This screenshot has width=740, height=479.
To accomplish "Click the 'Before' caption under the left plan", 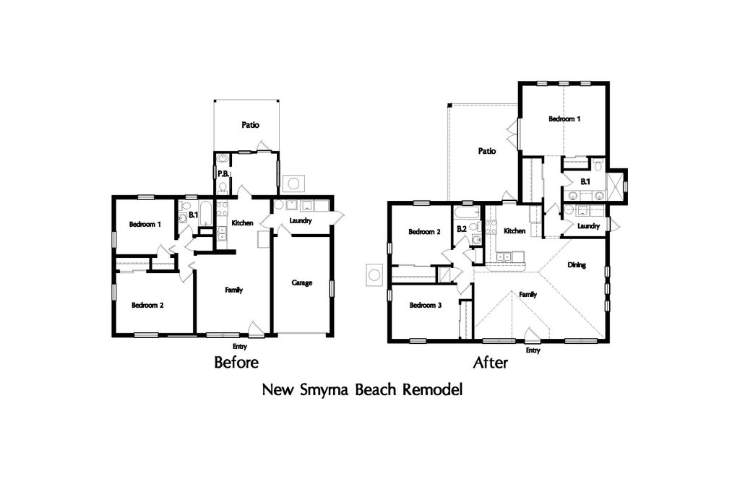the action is click(236, 363).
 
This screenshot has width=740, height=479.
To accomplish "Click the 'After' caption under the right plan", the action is click(491, 363).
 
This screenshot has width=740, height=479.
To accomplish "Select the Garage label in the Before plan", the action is click(301, 282).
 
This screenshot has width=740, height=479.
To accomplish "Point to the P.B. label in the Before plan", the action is click(223, 174).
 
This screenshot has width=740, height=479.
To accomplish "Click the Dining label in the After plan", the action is click(577, 265).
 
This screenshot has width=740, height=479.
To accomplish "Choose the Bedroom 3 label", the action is click(426, 306).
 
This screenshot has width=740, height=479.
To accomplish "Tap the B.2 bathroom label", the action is click(462, 229).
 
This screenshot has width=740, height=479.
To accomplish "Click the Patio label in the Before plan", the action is click(250, 125).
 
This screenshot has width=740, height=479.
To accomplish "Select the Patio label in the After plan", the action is click(487, 151).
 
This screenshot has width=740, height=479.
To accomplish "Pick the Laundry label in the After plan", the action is click(588, 226).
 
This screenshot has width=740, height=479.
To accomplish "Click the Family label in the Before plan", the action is click(233, 290).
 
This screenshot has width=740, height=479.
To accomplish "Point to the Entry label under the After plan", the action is click(533, 350).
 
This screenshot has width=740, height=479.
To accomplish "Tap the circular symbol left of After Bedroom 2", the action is click(375, 275).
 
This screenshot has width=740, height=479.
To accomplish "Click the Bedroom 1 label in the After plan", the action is click(564, 119).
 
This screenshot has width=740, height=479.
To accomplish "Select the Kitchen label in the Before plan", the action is click(242, 223).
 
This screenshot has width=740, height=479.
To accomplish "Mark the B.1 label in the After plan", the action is click(585, 181).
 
